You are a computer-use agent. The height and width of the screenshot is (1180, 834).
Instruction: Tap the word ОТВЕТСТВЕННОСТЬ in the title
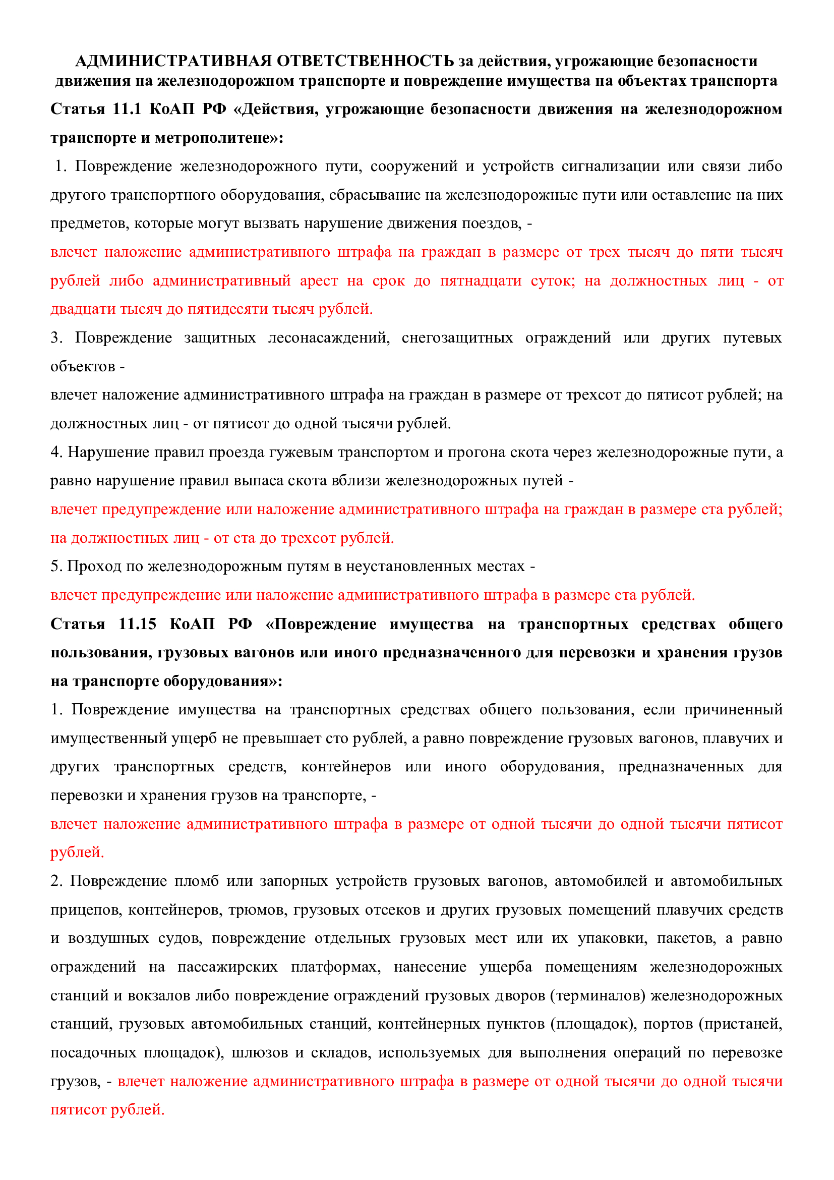point(365,61)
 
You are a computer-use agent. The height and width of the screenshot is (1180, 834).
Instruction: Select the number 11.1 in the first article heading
point(127,109)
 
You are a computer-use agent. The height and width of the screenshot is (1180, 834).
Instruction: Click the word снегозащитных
point(457,338)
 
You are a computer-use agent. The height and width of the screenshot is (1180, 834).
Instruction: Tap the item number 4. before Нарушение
point(56,452)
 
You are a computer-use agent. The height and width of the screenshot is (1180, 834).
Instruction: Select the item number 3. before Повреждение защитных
point(56,338)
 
